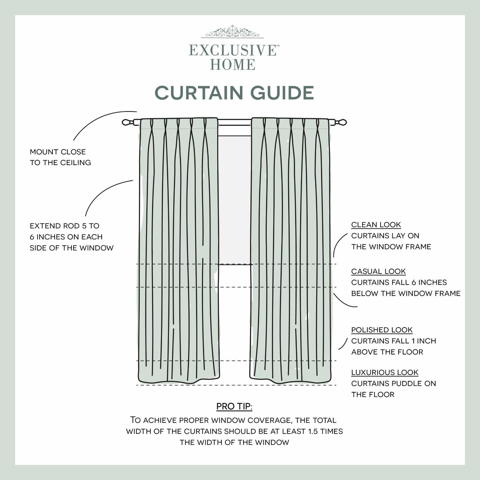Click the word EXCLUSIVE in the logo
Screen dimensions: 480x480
[232, 51]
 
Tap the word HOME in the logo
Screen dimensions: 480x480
[233, 65]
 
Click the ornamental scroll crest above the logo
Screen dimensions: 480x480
[232, 32]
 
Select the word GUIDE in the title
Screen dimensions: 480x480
[282, 93]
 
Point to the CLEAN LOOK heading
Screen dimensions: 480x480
[376, 225]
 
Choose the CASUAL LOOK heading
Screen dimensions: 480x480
[378, 271]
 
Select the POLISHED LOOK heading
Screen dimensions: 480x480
[382, 330]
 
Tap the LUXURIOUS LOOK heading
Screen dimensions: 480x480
[385, 373]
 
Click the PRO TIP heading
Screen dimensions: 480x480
[234, 406]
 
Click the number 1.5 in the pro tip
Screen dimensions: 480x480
[313, 431]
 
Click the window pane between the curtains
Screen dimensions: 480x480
[235, 200]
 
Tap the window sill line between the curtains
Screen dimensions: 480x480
[235, 265]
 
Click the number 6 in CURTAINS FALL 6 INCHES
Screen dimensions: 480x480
[414, 283]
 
